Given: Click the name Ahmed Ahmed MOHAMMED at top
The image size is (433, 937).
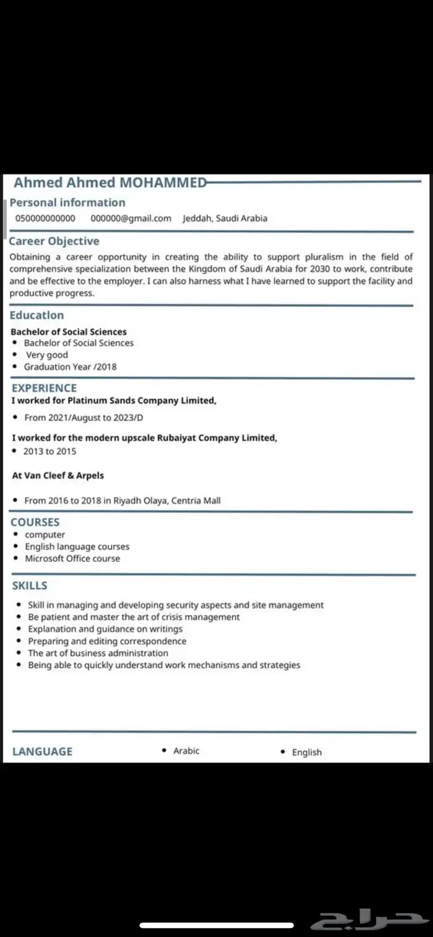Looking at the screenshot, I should [x=110, y=183].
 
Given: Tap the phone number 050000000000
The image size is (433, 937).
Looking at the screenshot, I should [x=45, y=218].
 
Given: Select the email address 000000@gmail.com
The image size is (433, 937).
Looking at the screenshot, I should [x=131, y=218].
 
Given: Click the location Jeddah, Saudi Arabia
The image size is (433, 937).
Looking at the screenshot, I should [x=225, y=218].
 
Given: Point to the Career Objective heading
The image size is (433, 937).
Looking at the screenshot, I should [x=54, y=241].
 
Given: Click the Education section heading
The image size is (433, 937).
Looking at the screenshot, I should [x=36, y=315].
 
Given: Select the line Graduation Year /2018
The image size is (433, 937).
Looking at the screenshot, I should [x=70, y=367].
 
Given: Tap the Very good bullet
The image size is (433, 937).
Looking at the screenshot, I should [x=47, y=355].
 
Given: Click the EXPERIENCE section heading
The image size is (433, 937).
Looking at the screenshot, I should [x=44, y=388].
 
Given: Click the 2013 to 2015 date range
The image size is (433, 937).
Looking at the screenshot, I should [x=49, y=451].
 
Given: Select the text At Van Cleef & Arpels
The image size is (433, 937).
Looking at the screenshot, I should [x=58, y=476].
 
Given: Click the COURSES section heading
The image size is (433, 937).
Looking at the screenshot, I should [x=35, y=522].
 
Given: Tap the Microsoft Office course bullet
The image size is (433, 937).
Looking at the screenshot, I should [x=72, y=558].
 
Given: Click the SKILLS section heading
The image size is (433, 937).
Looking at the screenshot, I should [x=30, y=585].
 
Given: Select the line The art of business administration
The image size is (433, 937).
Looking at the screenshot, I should [x=98, y=653].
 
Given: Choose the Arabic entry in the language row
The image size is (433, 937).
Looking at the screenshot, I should [x=186, y=751].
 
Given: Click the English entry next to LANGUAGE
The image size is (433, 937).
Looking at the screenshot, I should [x=307, y=753].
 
